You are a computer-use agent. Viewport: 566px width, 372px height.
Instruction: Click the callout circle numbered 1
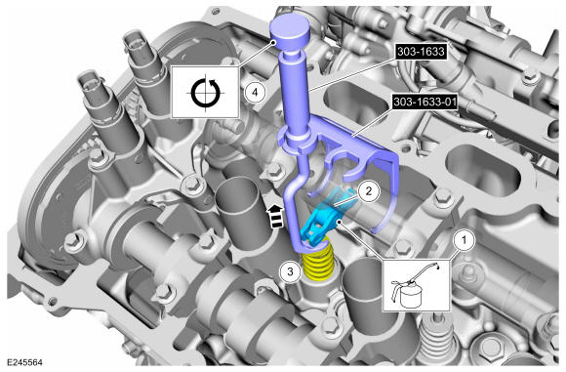tap(464, 240)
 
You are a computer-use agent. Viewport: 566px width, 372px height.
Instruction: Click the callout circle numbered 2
tap(368, 191)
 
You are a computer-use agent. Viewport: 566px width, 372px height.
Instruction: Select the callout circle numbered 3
tap(291, 271)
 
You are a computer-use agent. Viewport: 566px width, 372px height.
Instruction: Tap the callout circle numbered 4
tap(255, 92)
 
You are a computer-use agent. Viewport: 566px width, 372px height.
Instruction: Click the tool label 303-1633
tap(421, 52)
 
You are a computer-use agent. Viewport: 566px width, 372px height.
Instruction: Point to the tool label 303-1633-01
tap(425, 103)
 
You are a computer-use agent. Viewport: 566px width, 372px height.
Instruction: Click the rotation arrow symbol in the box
tap(205, 93)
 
